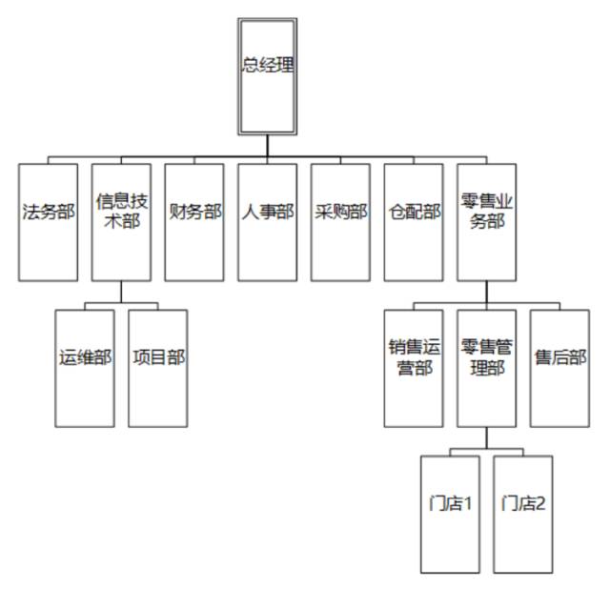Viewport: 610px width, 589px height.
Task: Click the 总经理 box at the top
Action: point(267,76)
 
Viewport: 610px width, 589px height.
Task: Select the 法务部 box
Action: point(48,222)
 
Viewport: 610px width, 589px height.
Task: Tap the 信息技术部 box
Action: point(121,222)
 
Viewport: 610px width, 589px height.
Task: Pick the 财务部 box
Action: point(194,222)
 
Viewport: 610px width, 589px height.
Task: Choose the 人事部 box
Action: point(268,222)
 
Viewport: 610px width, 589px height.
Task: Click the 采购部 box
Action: point(340,222)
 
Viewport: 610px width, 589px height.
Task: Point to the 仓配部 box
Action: point(414,222)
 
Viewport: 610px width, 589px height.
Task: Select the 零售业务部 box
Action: point(487,222)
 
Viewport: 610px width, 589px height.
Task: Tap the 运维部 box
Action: point(85,368)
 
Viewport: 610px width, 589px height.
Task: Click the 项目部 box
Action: point(158,368)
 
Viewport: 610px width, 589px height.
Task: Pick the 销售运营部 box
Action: point(414,368)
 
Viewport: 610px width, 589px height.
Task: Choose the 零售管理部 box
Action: point(487,368)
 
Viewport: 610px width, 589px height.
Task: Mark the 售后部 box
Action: point(559,368)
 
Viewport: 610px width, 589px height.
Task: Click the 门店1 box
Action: point(450,515)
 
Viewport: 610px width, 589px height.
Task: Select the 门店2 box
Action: point(523,515)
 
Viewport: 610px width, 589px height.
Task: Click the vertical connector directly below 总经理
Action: point(267,146)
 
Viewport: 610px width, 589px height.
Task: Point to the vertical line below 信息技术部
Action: point(121,292)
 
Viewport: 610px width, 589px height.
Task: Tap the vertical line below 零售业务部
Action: point(487,292)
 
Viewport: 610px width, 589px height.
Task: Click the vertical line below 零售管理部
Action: point(487,437)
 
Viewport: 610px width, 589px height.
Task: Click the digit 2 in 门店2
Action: point(540,504)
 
